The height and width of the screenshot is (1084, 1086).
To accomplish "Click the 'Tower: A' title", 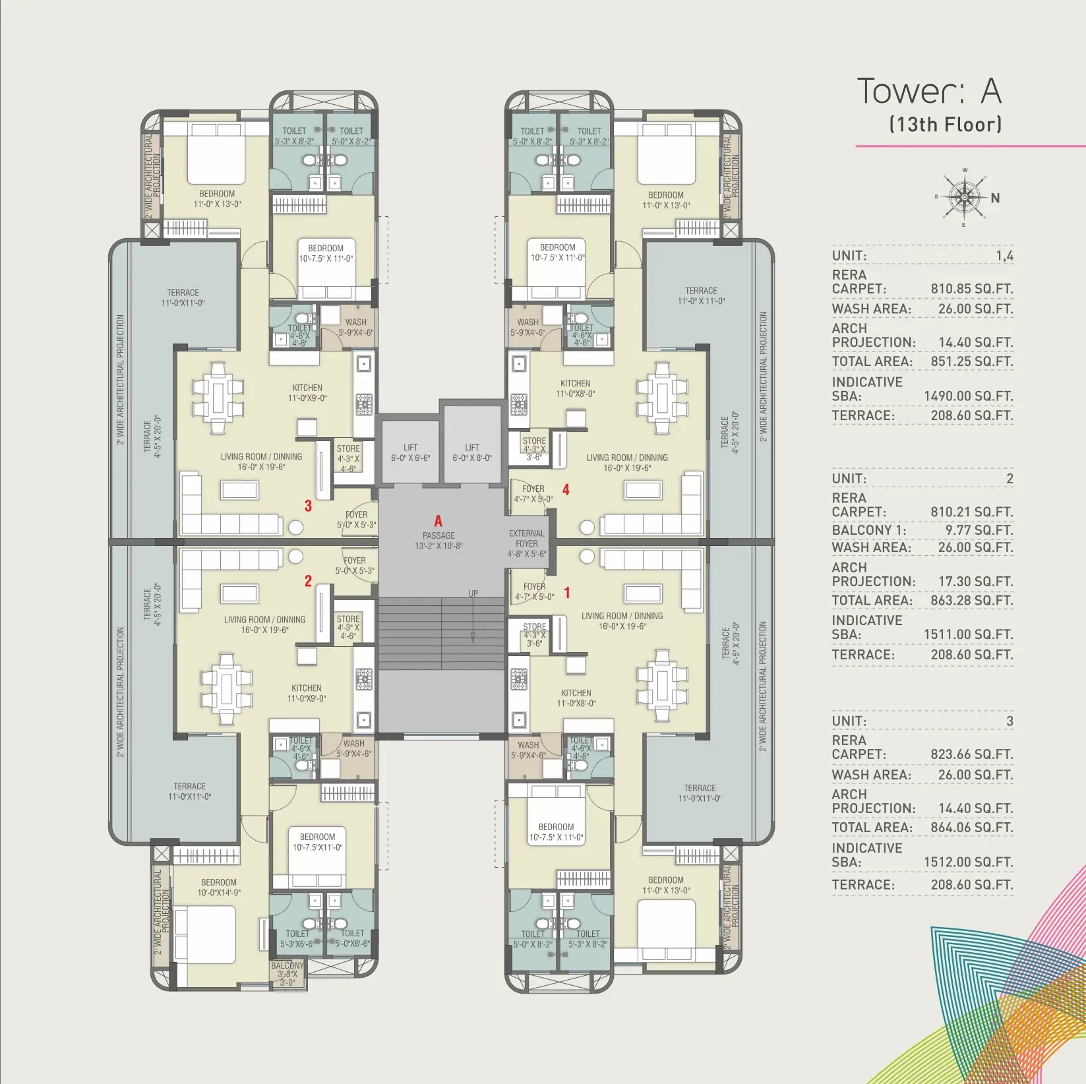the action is coord(929,91).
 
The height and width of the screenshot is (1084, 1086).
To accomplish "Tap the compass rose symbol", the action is coord(965,196).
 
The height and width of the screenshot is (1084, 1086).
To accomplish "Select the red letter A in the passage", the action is coord(438,521).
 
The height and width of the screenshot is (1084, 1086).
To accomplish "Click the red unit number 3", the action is coord(308,506).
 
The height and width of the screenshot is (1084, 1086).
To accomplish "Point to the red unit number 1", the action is coord(566,593).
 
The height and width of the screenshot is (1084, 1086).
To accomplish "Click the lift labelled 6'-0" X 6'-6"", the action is coord(410,452).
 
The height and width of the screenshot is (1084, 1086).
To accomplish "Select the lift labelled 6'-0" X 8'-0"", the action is coord(472,452).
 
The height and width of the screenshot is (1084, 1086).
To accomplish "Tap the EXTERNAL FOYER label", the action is coord(527,543).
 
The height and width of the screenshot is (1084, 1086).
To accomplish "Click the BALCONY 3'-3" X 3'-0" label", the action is coord(287,974).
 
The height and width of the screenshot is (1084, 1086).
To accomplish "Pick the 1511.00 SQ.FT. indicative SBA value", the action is coord(968,634).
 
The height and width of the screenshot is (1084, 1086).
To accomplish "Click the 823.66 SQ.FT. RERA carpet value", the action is coord(971,754).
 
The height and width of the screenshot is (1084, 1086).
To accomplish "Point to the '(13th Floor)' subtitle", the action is coord(946,124).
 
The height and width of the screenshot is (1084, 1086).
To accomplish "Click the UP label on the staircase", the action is coord(473,593).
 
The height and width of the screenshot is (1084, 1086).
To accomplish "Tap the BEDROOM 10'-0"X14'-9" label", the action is coord(219,888).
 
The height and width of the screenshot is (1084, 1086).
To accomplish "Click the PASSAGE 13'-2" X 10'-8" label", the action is coord(438,541).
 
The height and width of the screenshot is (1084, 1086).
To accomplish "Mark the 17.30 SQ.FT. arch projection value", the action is coord(976,582).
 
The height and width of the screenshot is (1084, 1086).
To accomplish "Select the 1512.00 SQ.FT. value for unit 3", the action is coord(968,862).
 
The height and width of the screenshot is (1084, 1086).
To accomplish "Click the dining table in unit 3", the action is coord(218,398).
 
